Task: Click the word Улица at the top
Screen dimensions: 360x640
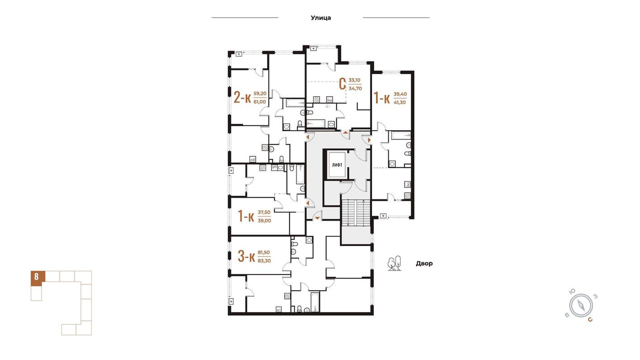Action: [320, 18]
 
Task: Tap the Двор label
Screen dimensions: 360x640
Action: [424, 263]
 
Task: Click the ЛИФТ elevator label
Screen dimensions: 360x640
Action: [337, 165]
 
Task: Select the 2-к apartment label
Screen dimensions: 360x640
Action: [242, 97]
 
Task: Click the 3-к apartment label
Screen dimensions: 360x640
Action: [246, 256]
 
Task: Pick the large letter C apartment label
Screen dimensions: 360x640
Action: [343, 84]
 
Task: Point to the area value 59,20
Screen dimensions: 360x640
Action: [259, 94]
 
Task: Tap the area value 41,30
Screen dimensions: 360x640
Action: [400, 103]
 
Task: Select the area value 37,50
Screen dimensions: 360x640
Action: [264, 212]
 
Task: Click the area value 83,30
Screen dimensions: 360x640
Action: [264, 261]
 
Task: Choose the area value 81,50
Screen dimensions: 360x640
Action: [264, 252]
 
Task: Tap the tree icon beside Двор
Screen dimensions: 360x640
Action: [395, 263]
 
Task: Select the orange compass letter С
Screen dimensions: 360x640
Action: [590, 319]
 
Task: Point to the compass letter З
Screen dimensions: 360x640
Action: [596, 297]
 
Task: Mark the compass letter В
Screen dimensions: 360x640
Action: [567, 315]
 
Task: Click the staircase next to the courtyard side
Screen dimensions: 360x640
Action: [355, 212]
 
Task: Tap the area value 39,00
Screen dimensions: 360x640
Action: [264, 220]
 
